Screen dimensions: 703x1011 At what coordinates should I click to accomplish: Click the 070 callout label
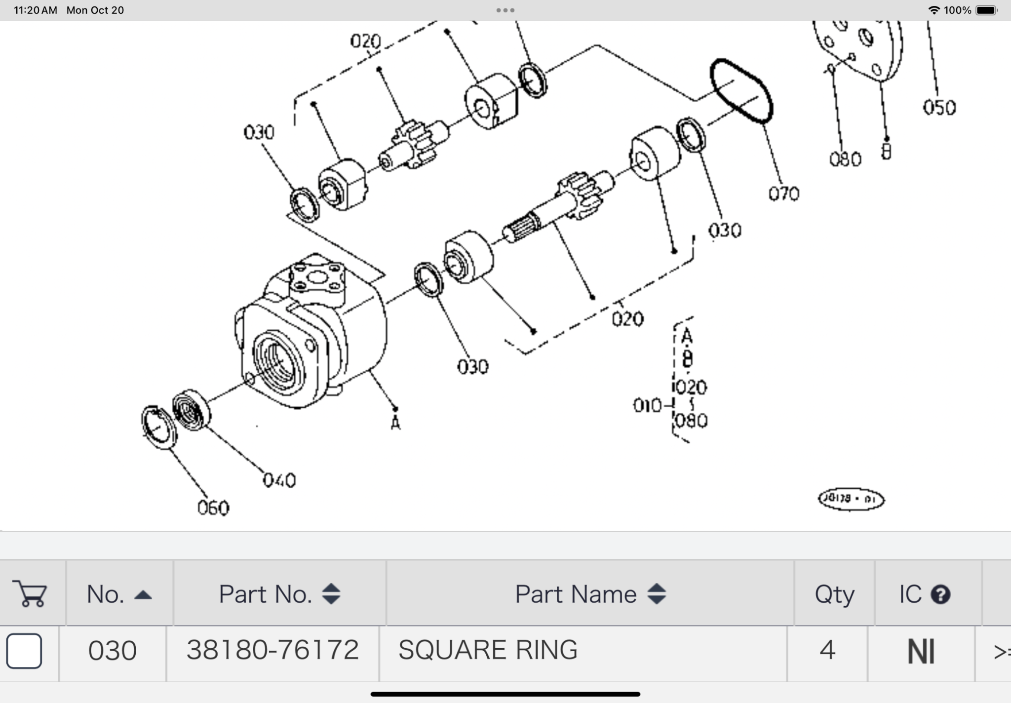pyautogui.click(x=783, y=194)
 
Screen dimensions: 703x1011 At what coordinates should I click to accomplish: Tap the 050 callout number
pyautogui.click(x=939, y=108)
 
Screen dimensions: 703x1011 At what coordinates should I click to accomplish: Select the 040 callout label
pyautogui.click(x=279, y=480)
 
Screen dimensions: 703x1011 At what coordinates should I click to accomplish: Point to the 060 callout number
pyautogui.click(x=213, y=508)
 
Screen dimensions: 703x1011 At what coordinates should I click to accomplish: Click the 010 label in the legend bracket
pyautogui.click(x=647, y=406)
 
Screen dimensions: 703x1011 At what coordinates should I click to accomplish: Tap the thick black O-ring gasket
pyautogui.click(x=741, y=91)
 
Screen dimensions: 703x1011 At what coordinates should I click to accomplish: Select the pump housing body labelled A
pyautogui.click(x=311, y=336)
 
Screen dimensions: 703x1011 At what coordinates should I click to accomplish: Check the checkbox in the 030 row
pyautogui.click(x=24, y=650)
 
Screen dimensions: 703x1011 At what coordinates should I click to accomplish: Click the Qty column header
pyautogui.click(x=834, y=594)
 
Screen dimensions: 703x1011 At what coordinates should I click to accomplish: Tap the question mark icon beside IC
pyautogui.click(x=940, y=594)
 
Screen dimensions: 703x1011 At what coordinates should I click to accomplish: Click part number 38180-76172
pyautogui.click(x=272, y=650)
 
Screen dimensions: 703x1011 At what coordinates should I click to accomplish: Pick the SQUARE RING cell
pyautogui.click(x=488, y=650)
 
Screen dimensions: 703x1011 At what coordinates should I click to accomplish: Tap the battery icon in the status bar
pyautogui.click(x=986, y=10)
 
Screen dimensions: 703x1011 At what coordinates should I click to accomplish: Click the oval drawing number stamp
pyautogui.click(x=851, y=499)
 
